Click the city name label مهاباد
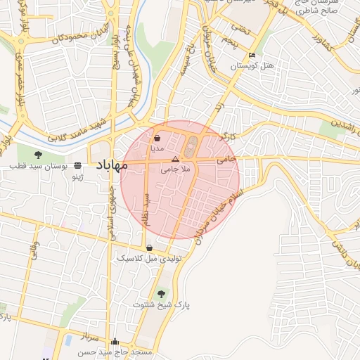(x=109, y=166)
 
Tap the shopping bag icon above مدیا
(x=157, y=139)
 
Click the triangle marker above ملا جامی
(x=175, y=160)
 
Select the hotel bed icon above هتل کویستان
(x=252, y=56)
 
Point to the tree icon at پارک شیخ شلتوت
(x=162, y=292)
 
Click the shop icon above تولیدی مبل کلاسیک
(x=149, y=247)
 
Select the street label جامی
(x=226, y=160)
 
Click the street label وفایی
(x=34, y=251)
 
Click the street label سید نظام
(x=147, y=209)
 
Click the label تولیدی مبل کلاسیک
(x=149, y=259)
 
